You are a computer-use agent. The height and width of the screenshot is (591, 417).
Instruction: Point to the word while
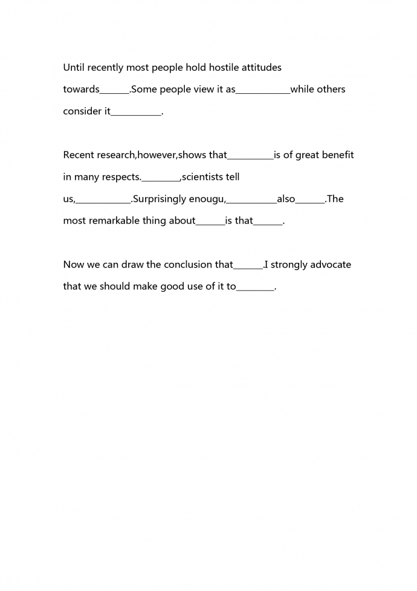tap(302, 90)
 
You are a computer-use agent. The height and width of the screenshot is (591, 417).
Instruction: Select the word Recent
tap(79, 155)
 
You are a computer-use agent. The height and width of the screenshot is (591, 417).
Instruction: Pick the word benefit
tap(338, 155)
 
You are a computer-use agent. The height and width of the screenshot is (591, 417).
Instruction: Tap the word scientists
tap(202, 177)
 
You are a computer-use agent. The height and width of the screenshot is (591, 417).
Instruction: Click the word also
tap(286, 199)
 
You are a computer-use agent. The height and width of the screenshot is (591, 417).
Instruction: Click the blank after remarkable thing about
tap(210, 222)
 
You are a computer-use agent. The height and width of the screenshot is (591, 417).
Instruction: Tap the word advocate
tap(331, 265)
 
